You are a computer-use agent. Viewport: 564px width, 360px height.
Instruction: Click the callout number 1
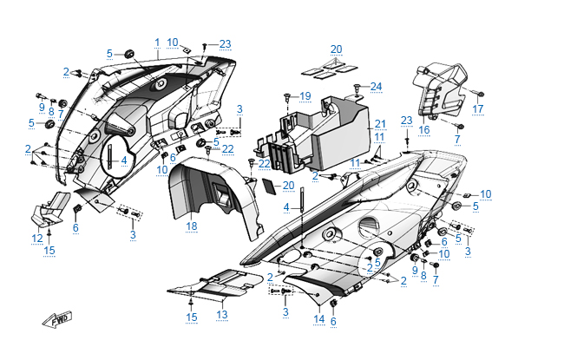click(x=157, y=43)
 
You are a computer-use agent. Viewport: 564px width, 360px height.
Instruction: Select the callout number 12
click(x=37, y=238)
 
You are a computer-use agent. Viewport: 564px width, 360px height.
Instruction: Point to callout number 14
click(x=318, y=319)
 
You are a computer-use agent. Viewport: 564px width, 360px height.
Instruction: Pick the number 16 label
click(x=424, y=129)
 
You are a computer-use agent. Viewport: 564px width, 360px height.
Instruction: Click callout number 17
click(x=478, y=109)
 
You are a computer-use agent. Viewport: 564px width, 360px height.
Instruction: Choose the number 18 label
click(x=192, y=226)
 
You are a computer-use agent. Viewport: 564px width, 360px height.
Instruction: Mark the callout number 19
click(x=305, y=95)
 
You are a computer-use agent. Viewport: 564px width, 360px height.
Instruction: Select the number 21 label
click(x=379, y=125)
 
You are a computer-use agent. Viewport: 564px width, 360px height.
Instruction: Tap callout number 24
click(x=376, y=86)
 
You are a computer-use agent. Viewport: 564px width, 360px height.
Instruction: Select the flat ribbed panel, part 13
click(x=213, y=284)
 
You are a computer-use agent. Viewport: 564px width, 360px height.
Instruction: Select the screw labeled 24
click(x=357, y=87)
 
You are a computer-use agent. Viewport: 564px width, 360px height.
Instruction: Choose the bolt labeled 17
click(x=480, y=93)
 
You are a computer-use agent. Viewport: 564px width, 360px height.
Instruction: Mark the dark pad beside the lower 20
click(x=271, y=185)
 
